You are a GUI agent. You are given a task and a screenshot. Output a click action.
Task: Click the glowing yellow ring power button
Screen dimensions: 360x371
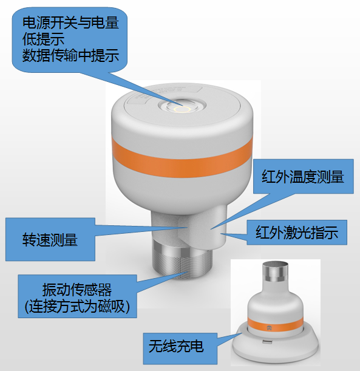(182, 109)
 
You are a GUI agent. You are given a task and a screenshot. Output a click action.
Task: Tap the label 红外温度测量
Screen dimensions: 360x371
(303, 177)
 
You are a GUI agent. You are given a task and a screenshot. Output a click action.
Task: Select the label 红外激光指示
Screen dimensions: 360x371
(297, 233)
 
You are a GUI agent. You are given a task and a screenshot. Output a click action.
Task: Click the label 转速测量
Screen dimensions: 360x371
(50, 239)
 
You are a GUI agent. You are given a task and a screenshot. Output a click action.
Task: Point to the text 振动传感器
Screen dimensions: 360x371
(77, 290)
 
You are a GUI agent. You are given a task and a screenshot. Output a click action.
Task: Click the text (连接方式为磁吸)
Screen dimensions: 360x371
(77, 307)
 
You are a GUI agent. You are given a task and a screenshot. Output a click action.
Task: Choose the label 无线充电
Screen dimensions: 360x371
(176, 346)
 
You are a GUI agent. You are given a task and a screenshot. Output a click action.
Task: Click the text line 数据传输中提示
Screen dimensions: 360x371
(70, 56)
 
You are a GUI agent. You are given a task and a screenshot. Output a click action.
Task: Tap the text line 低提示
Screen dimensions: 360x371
(43, 39)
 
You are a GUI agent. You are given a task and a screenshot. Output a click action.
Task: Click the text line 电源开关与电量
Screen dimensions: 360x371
(70, 22)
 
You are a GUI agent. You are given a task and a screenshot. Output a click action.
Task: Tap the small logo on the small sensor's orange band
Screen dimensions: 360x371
(270, 328)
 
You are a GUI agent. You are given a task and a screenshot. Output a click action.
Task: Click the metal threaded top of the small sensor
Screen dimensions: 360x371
(276, 272)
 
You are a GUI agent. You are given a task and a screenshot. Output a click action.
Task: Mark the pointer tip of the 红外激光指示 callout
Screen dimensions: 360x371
(221, 234)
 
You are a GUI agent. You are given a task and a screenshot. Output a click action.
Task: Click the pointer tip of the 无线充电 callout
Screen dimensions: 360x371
(242, 333)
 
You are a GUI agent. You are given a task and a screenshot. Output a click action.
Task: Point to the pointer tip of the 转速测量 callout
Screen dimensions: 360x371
(188, 227)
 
